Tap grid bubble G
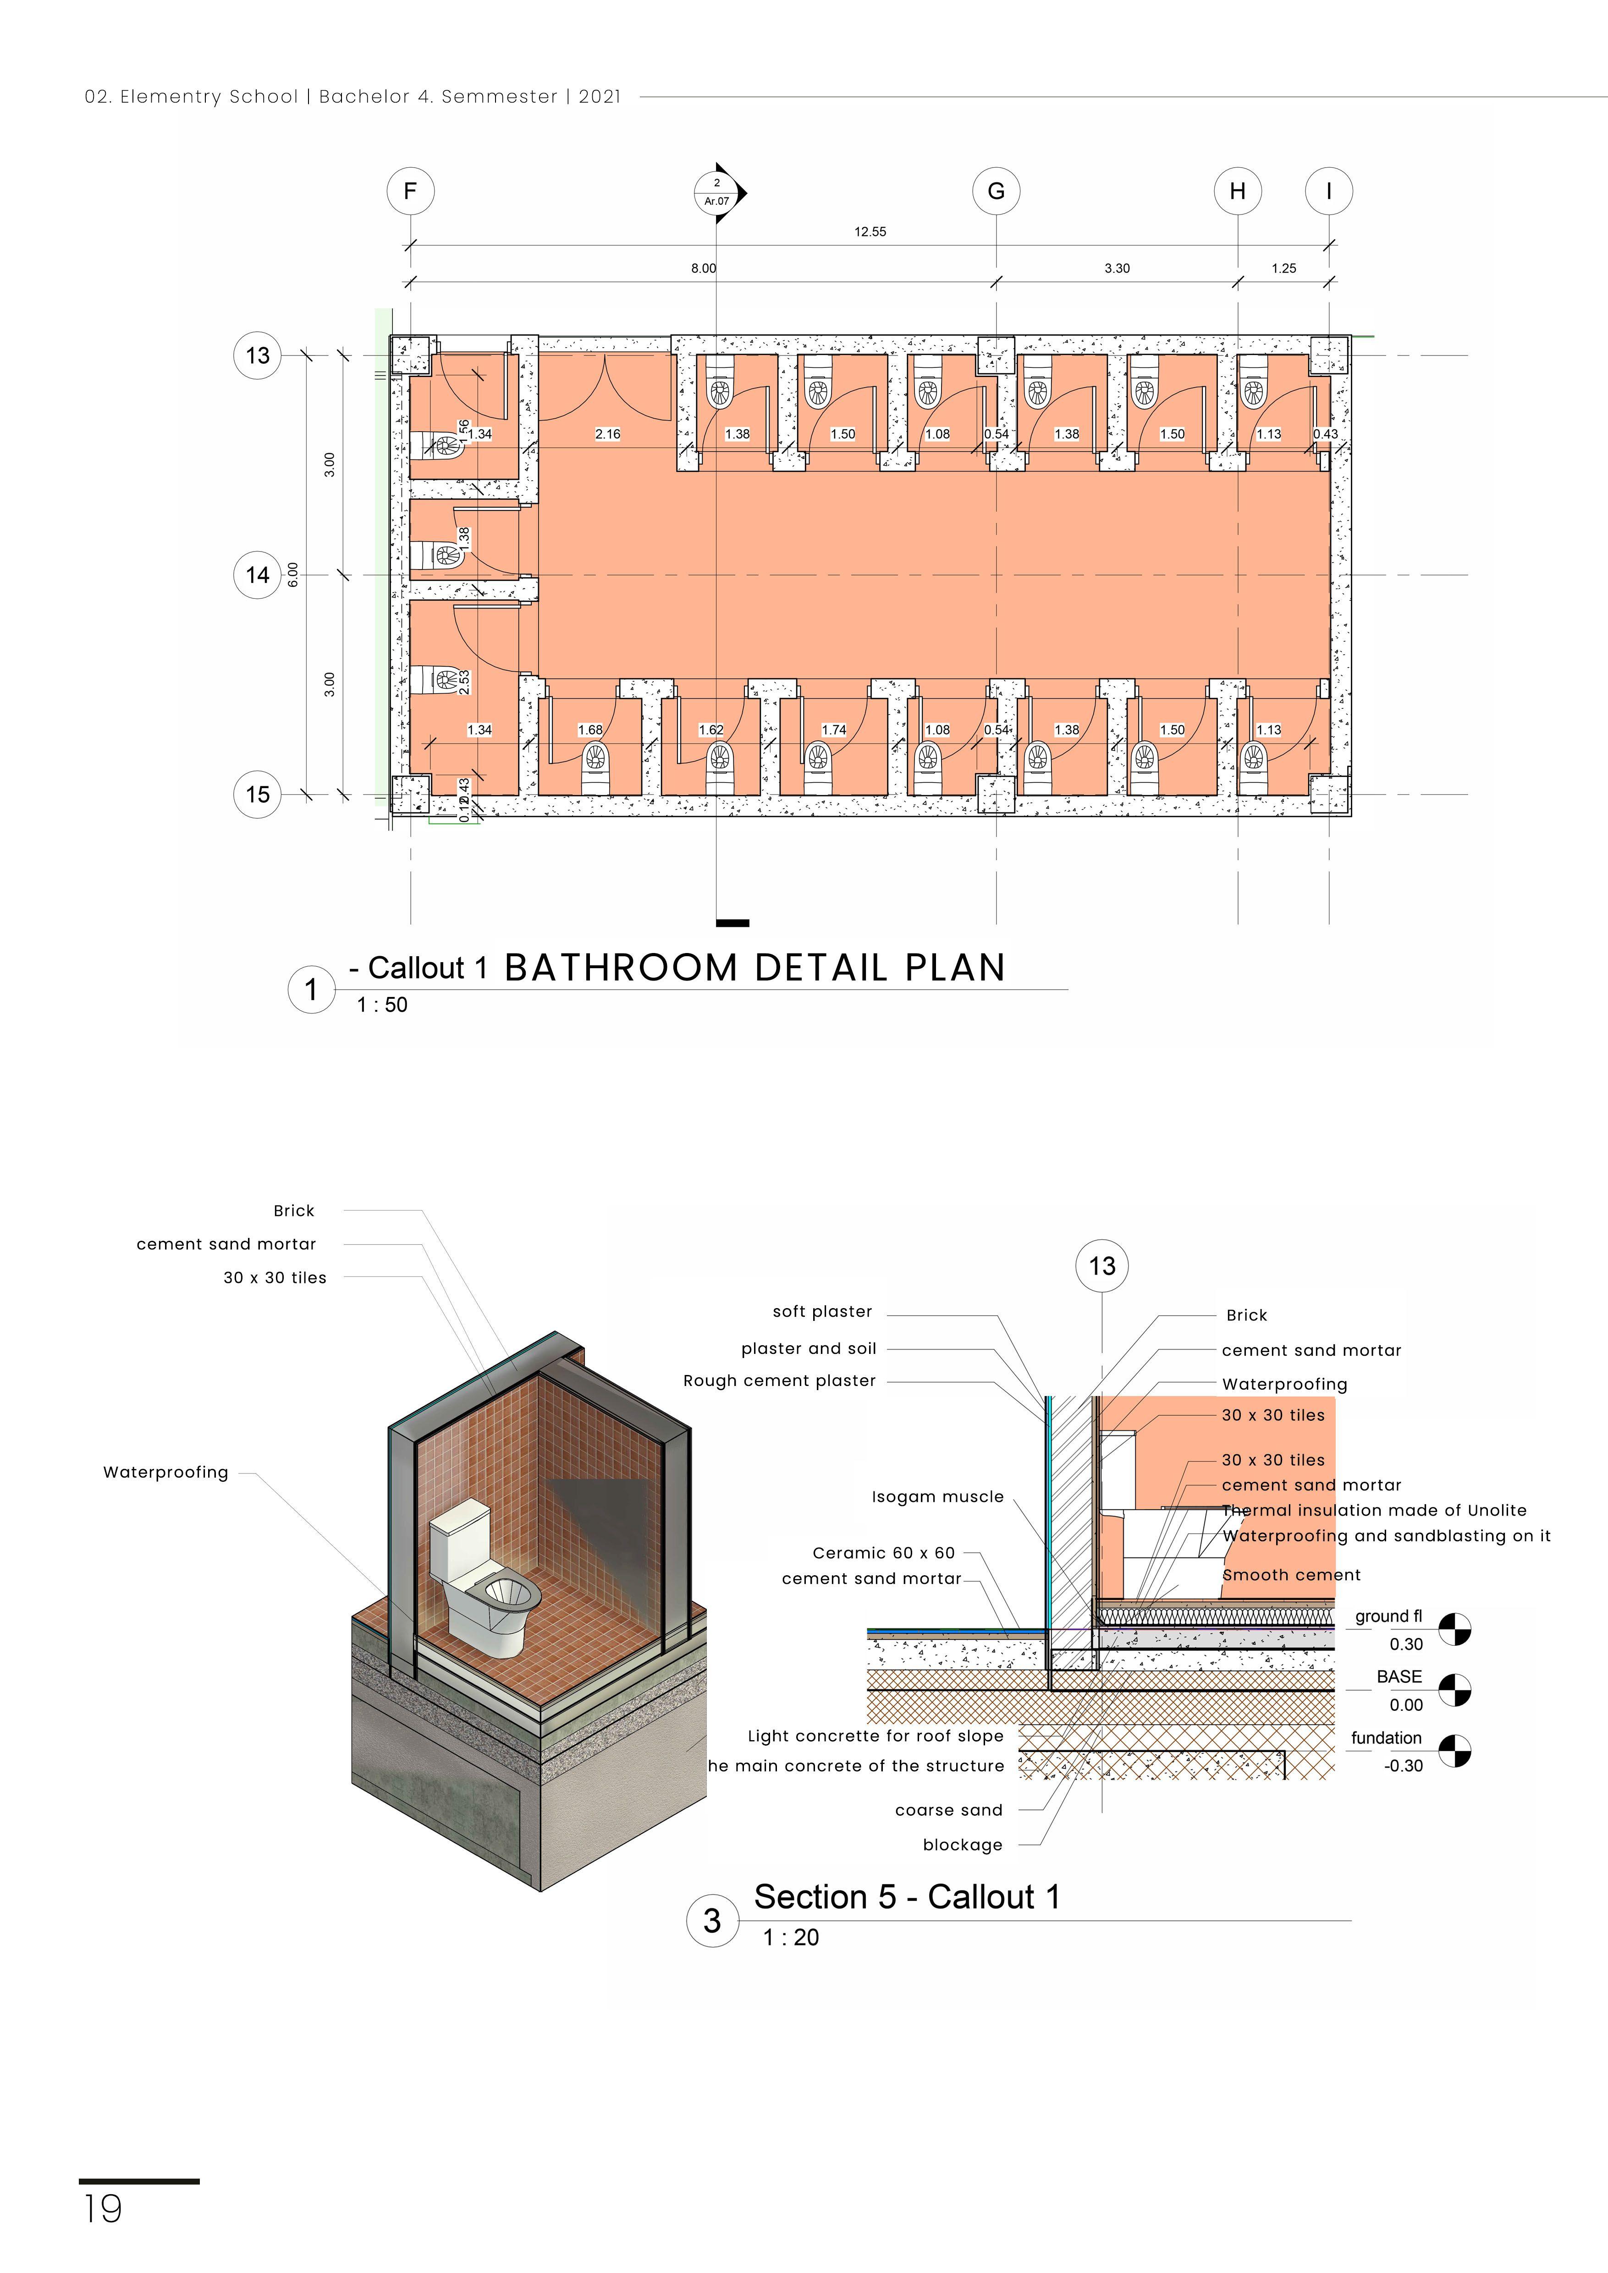(996, 191)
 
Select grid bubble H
(1238, 191)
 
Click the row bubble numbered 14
(258, 575)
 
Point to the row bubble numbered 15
(258, 794)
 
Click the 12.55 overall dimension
(870, 232)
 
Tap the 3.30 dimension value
(1117, 268)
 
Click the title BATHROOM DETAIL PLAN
(754, 967)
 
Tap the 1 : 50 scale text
(382, 1005)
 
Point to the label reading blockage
(963, 1844)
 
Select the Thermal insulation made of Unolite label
(1373, 1510)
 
